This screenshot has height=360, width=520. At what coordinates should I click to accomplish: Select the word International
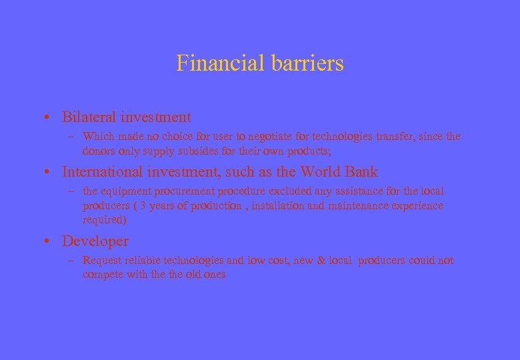click(103, 172)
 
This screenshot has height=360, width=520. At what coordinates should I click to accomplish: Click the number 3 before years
click(142, 206)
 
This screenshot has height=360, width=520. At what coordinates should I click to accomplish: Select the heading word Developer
click(95, 241)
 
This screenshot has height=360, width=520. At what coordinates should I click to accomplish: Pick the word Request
click(103, 261)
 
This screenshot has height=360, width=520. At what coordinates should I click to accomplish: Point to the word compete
click(103, 275)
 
